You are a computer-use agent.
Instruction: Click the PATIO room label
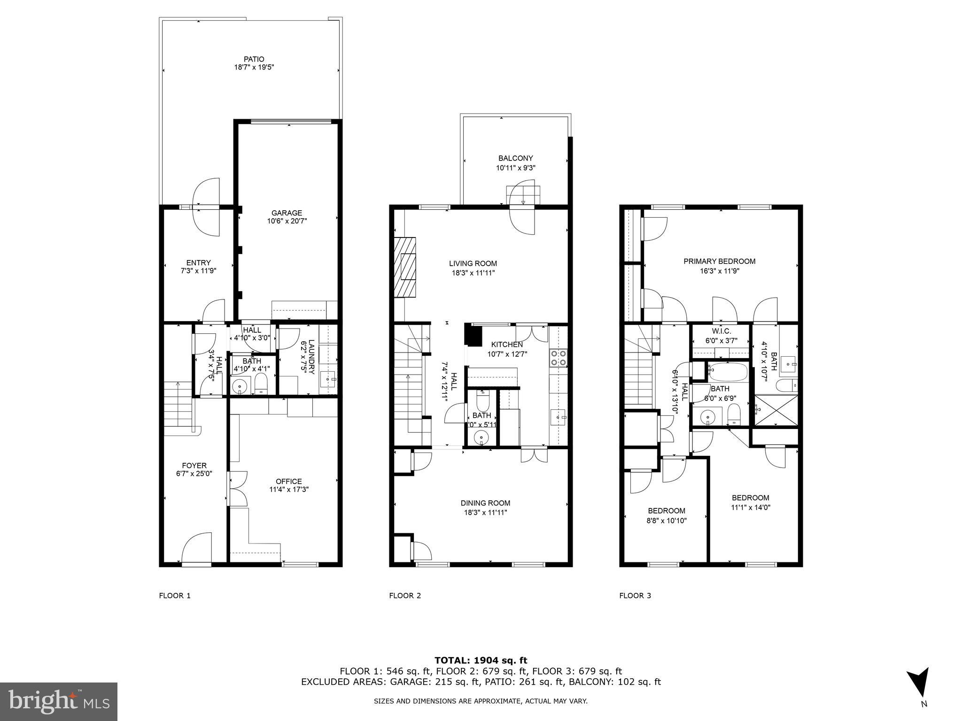(254, 59)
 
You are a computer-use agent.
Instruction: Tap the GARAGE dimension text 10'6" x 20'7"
(287, 221)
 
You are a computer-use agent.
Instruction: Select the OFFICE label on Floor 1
(289, 481)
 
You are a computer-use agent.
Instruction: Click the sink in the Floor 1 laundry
(328, 377)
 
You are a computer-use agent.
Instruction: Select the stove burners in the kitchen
(559, 358)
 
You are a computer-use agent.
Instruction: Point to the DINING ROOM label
(485, 503)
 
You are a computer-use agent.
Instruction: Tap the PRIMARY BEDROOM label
(719, 261)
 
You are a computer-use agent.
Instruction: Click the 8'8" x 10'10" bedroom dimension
(666, 521)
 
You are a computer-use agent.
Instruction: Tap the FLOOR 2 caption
(405, 596)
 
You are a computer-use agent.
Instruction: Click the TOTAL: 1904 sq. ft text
(481, 661)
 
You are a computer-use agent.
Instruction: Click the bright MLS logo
(59, 701)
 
